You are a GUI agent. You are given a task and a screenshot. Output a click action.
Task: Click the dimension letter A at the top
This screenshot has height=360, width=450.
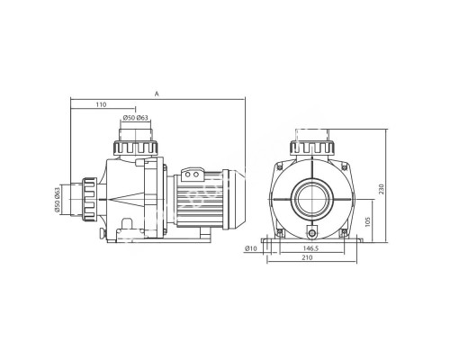point(158,93)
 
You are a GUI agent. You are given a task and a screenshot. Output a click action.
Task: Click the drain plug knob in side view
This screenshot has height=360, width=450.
point(106,235)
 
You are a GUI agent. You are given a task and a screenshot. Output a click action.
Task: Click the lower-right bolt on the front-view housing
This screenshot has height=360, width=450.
point(340,231)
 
